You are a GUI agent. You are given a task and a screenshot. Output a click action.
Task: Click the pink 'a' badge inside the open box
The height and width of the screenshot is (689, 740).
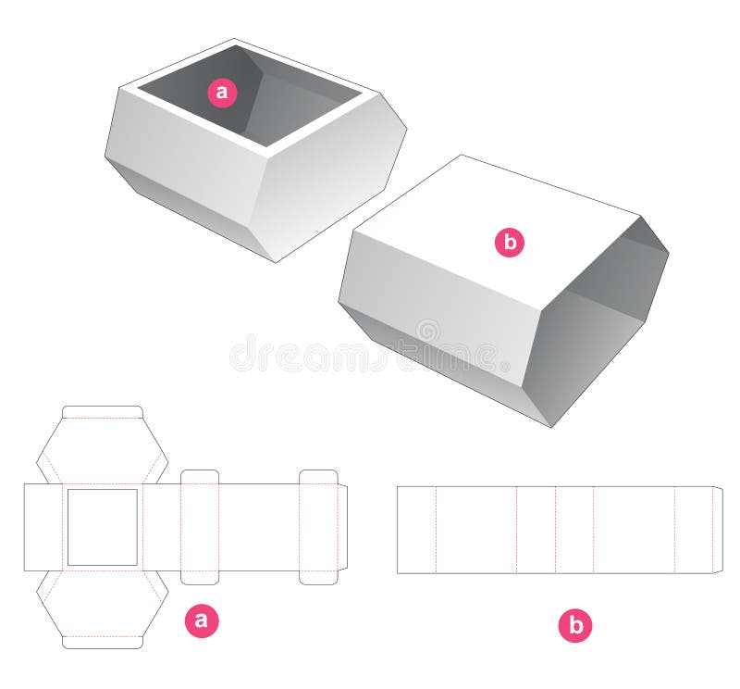[x=221, y=92]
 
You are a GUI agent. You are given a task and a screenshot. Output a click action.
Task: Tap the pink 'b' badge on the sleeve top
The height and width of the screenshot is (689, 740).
[x=509, y=243]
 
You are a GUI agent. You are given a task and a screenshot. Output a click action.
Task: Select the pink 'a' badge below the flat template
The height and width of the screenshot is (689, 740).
[x=203, y=622]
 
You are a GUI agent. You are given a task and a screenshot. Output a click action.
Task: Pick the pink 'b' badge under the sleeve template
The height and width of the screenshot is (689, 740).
[x=574, y=627]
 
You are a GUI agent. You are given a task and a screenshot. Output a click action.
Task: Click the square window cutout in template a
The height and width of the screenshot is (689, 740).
[x=102, y=527]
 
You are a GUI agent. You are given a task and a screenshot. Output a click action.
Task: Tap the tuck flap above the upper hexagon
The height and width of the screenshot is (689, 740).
[x=102, y=411]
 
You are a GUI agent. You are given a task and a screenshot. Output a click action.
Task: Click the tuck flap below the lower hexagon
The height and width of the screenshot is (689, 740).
[x=102, y=642]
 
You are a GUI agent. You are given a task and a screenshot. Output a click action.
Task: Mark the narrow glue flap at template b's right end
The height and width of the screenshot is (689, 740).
[x=717, y=530]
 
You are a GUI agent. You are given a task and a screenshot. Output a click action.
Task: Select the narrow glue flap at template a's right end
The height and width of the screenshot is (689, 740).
[x=342, y=527]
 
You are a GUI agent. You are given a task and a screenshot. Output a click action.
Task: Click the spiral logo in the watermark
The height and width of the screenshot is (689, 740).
[x=427, y=331]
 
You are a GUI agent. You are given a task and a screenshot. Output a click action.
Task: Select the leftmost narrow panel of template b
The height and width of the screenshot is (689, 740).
[x=416, y=530]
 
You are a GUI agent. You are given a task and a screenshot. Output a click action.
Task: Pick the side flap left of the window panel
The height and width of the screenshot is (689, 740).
[x=43, y=527]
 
